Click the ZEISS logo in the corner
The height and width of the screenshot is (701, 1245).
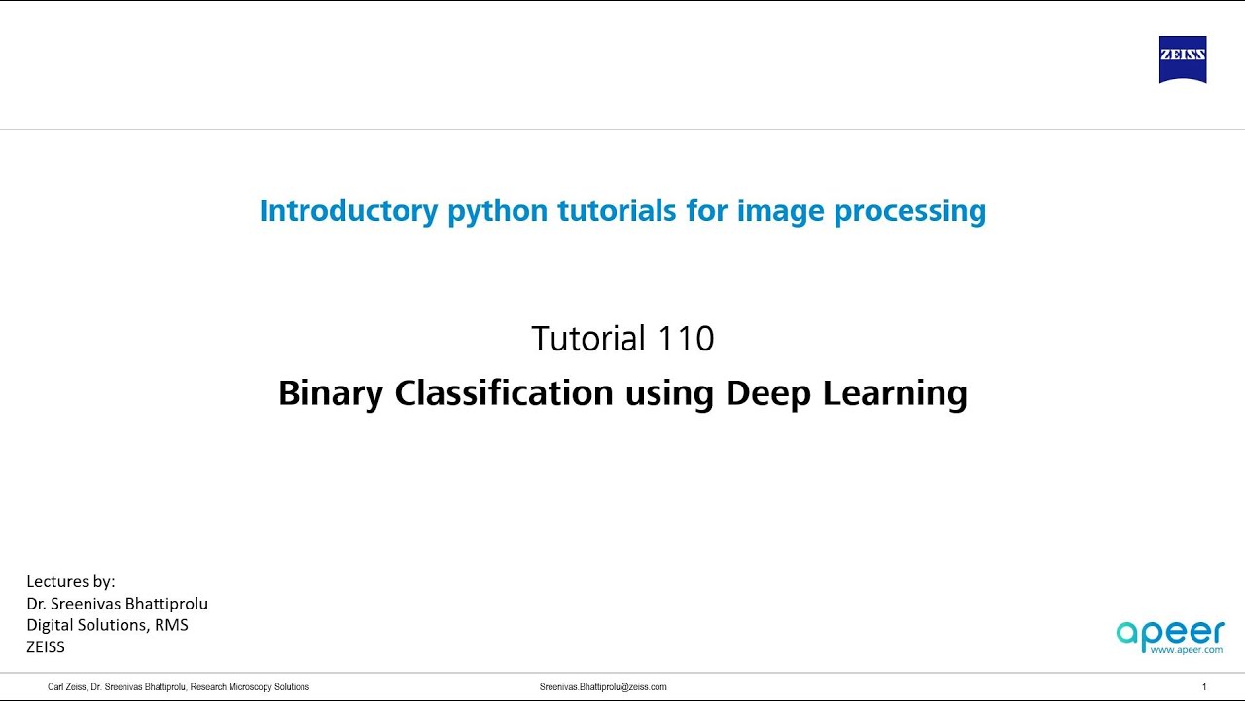pos(1183,59)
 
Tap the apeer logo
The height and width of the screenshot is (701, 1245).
pos(1170,633)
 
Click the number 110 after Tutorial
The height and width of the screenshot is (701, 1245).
pos(686,339)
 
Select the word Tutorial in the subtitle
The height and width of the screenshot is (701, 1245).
pos(588,339)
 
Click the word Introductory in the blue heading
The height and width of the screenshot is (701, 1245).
pos(348,210)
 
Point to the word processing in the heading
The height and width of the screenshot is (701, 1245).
pos(910,211)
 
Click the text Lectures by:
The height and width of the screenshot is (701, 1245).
pos(71,581)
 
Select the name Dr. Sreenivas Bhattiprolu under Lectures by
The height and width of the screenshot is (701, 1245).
pos(117,604)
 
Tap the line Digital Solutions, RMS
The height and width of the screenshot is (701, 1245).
pos(107,625)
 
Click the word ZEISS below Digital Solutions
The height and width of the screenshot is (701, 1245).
pos(46,646)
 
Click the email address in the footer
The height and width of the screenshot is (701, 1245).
pos(603,687)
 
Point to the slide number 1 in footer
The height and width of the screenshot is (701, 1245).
pos(1204,687)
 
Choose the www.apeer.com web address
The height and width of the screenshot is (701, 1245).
pos(1186,649)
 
